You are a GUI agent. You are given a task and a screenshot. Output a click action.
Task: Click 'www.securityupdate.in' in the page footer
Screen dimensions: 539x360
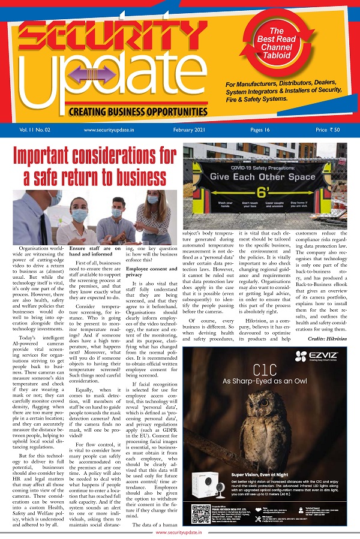coord(179,532)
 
